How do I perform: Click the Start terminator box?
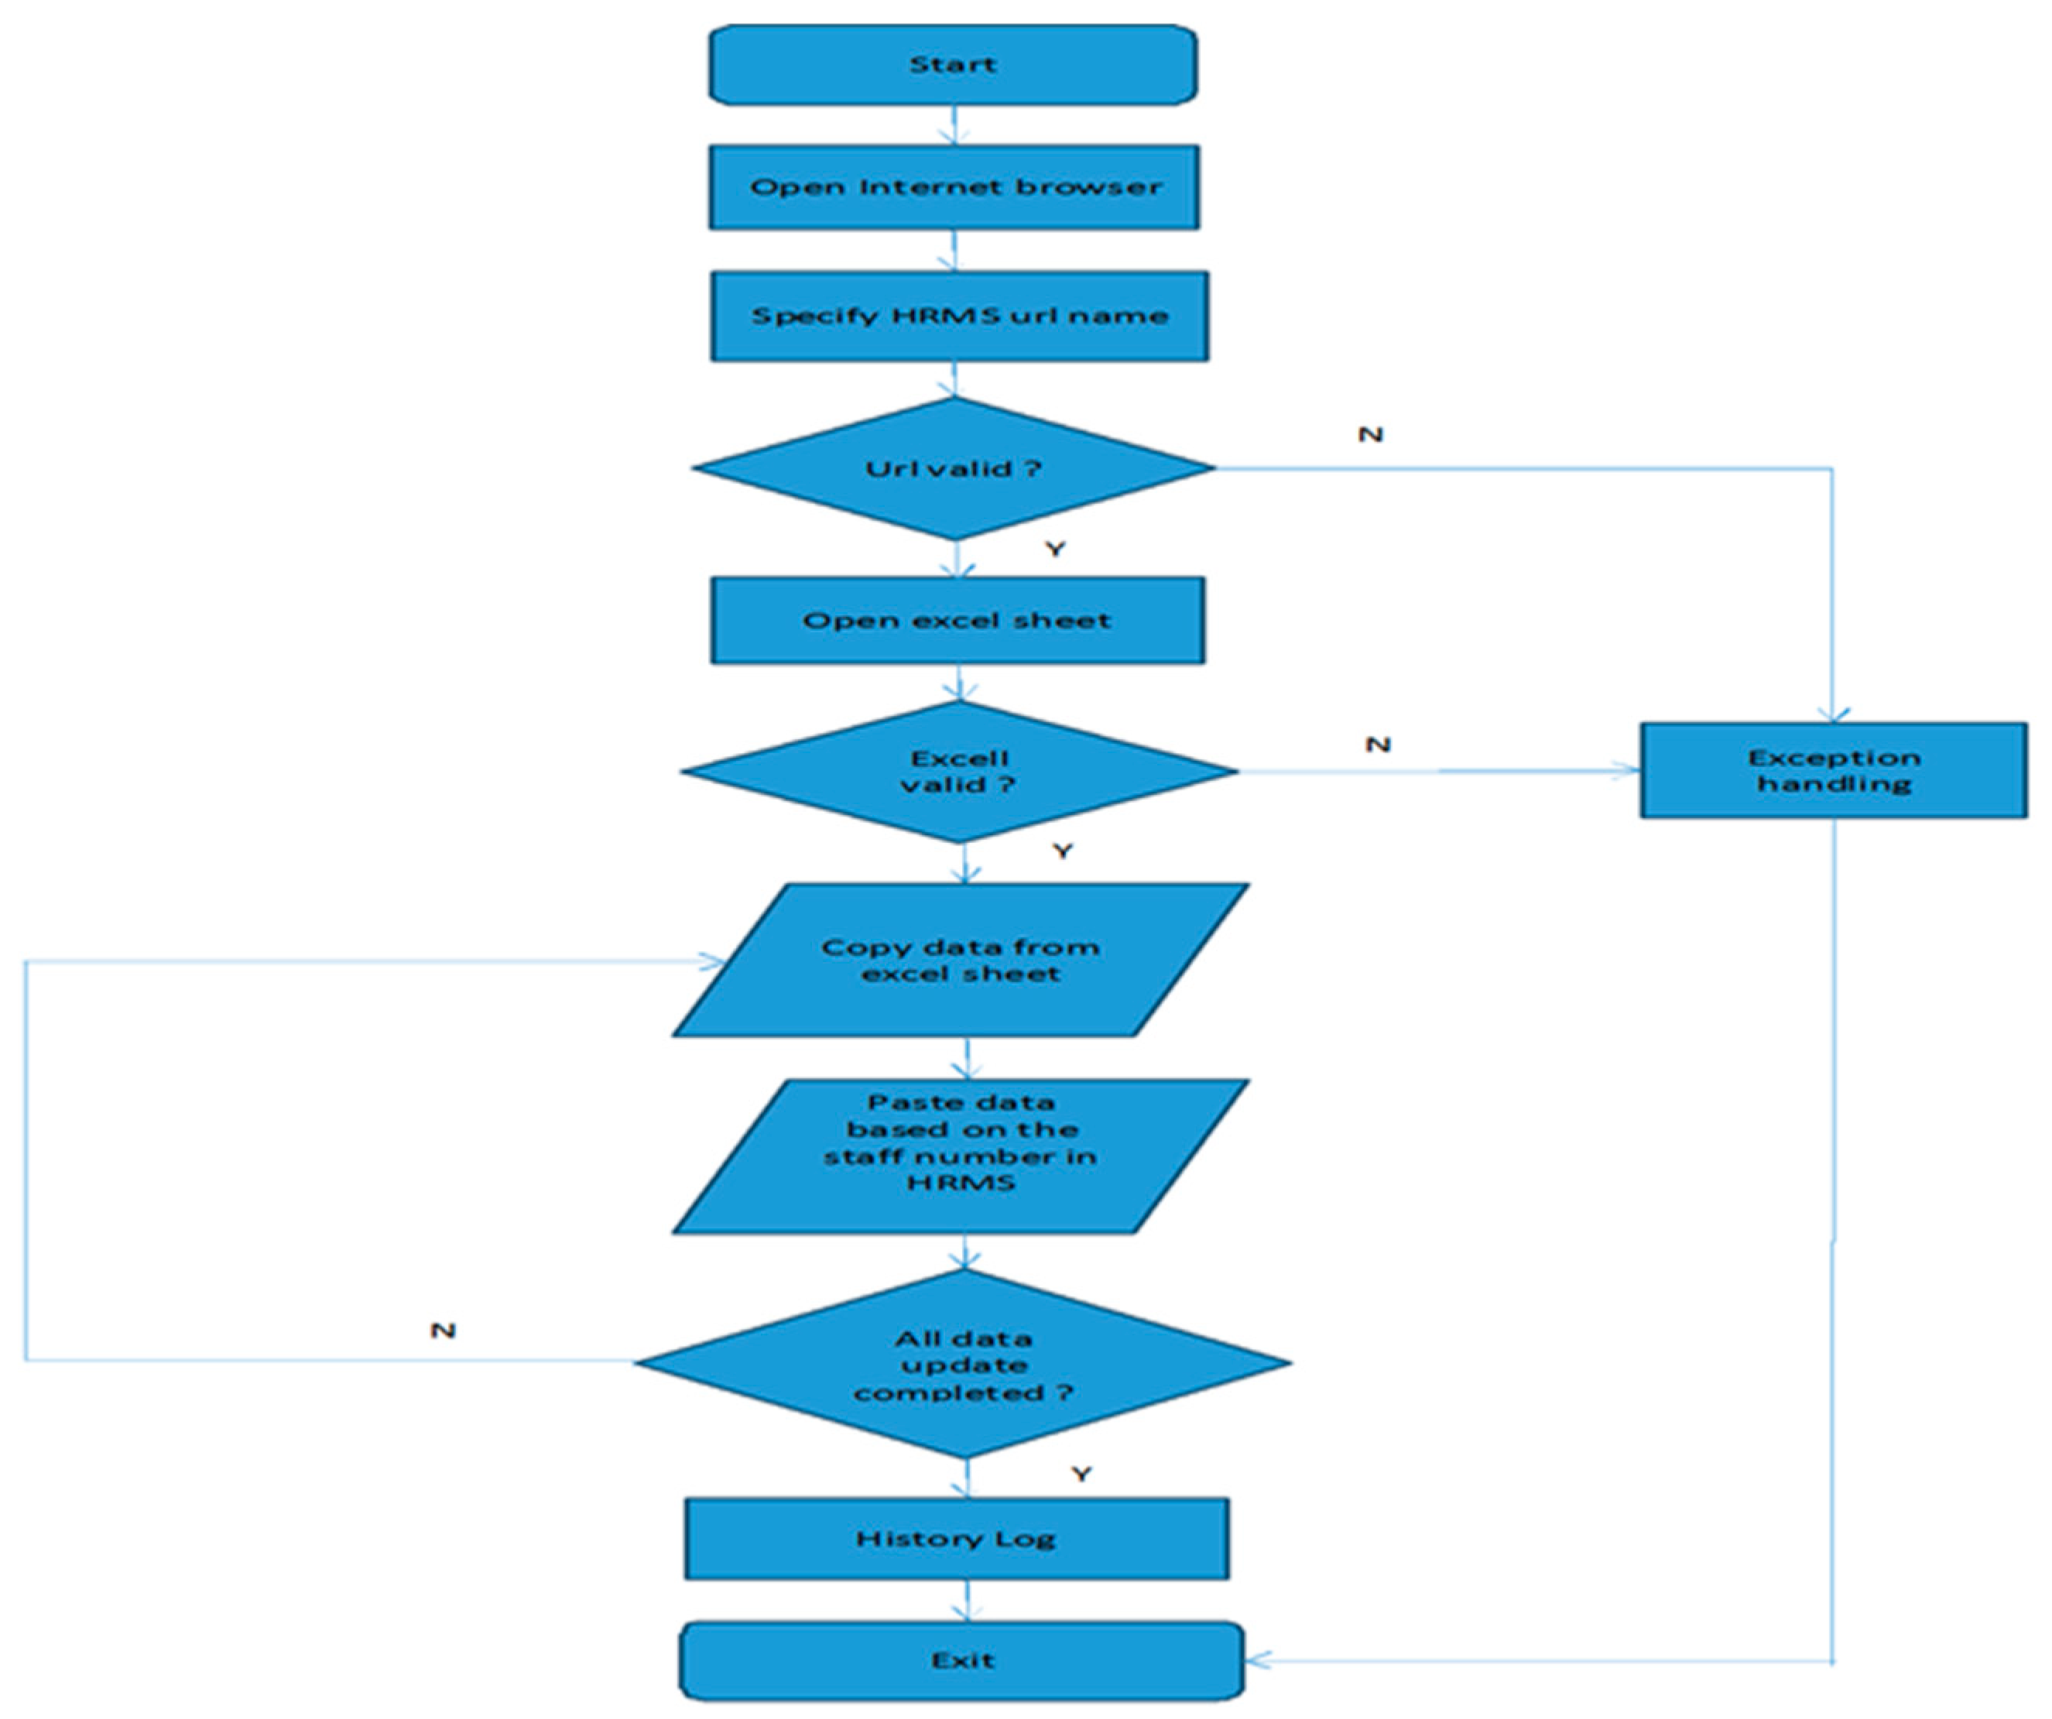[953, 64]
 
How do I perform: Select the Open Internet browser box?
[954, 187]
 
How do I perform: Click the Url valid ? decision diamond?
[953, 468]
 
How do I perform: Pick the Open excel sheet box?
[957, 621]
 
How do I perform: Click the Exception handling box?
[1833, 770]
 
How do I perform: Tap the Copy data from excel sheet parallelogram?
[961, 960]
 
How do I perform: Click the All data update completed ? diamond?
[964, 1365]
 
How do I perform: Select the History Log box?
[956, 1538]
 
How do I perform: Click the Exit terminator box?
[961, 1659]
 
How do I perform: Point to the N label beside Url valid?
[1370, 434]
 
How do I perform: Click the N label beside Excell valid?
[1377, 744]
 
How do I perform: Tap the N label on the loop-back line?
[443, 1330]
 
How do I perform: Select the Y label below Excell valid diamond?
[1062, 851]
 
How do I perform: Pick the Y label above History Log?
[1081, 1474]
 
